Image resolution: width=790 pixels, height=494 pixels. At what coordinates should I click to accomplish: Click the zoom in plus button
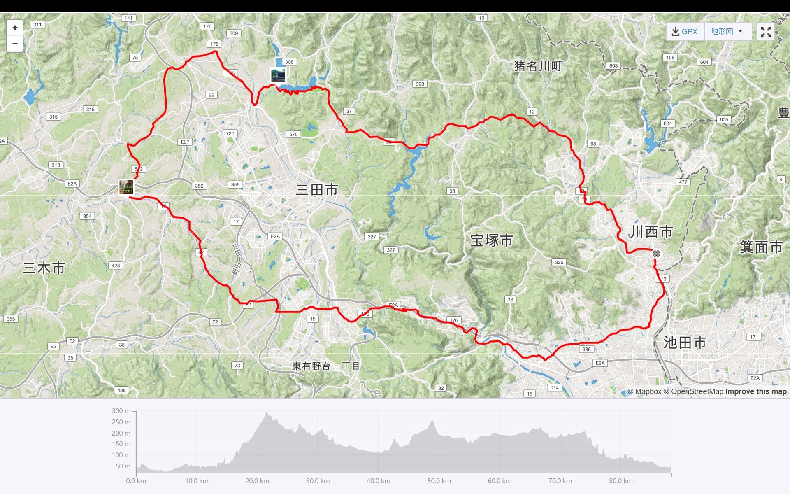click(x=15, y=28)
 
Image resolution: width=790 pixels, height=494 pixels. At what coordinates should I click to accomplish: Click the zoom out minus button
click(x=15, y=44)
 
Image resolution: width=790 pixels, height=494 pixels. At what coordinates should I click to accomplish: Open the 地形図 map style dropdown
click(x=727, y=31)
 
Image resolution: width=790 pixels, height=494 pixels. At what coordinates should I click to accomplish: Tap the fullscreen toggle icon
click(x=765, y=32)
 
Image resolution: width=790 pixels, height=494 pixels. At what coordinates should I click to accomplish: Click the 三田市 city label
click(x=317, y=190)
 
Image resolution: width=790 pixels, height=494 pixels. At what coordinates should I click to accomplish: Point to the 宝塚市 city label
click(x=491, y=240)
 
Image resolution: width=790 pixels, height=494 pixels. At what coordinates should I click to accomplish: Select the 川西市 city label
click(x=651, y=232)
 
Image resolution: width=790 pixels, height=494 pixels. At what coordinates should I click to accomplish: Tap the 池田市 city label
click(x=685, y=343)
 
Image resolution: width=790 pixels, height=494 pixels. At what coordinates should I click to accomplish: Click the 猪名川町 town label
click(x=538, y=66)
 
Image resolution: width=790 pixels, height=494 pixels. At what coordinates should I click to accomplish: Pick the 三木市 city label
click(x=44, y=268)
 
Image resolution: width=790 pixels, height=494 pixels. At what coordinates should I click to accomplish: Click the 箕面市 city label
click(x=761, y=247)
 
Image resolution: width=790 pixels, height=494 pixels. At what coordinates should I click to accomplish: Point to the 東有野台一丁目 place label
click(x=326, y=366)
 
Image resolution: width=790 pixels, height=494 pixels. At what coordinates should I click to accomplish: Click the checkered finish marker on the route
click(x=656, y=254)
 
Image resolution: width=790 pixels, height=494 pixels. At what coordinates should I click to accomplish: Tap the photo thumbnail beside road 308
click(x=278, y=76)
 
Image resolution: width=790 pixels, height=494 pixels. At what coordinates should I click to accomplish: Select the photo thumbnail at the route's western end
click(x=126, y=187)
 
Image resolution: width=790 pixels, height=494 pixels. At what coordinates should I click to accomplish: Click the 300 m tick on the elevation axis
click(x=121, y=411)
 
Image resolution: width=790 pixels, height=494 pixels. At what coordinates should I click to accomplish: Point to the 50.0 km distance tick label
click(x=439, y=481)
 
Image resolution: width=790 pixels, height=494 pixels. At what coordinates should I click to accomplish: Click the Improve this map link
click(x=756, y=391)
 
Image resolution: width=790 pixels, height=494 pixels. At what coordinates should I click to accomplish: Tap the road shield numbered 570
click(x=293, y=134)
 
